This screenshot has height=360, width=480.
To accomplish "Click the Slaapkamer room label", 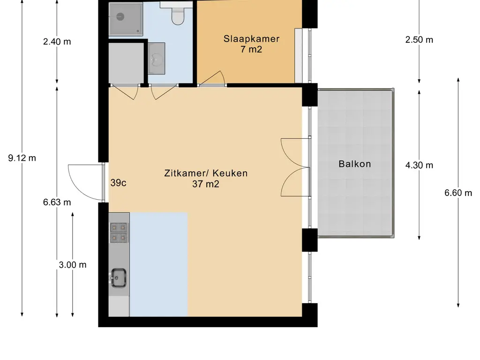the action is point(251,39).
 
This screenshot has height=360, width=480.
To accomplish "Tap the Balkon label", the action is point(355,164).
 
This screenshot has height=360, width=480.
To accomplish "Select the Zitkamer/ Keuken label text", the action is point(206,173).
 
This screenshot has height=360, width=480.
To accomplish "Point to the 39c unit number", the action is point(119,183).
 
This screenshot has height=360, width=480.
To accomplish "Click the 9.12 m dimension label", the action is point(22,158).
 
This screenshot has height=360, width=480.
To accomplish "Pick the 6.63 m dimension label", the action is point(57,202).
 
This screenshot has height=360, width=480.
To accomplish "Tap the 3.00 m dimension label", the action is point(73,265).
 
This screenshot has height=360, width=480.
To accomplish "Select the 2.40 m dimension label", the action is point(57,41).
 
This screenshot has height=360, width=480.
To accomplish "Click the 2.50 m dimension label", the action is point(419,40).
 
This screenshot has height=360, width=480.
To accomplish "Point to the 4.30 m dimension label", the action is point(419,165).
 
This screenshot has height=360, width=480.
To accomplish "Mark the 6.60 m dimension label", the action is point(458,193).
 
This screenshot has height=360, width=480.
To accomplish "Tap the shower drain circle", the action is point(120,16).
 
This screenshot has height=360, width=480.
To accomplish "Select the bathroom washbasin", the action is point(157,59).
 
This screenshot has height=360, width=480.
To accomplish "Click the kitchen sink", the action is point(119,277).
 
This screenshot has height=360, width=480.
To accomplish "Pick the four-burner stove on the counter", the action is point(119,232).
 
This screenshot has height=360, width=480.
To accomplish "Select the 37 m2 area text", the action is point(206,184).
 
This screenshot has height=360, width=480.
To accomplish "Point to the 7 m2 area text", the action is point(251,49).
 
